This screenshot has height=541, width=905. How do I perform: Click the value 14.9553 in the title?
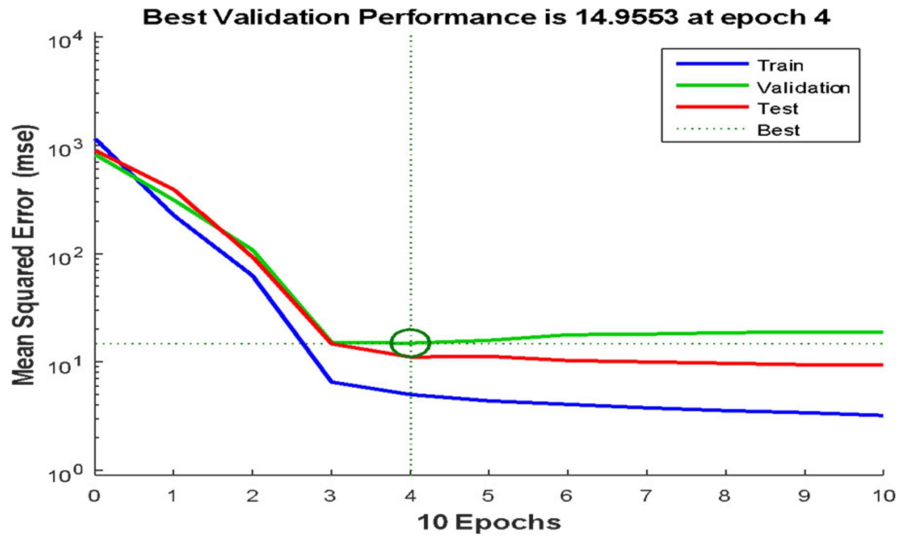pos(627,17)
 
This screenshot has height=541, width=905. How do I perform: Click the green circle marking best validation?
pos(410,343)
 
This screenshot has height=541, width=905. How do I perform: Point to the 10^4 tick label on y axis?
pos(65,40)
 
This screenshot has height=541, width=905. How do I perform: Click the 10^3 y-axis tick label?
pos(65,148)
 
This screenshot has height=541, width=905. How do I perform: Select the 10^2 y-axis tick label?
pos(65,257)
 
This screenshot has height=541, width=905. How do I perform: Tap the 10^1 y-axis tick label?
pos(65,365)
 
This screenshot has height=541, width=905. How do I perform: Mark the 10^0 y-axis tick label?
pos(65,473)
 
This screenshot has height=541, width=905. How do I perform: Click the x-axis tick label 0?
pos(94,496)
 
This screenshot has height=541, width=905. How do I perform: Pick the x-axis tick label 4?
pos(410,496)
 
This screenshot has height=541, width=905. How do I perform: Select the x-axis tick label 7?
pos(646,496)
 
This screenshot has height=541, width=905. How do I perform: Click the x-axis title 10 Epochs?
pos(489,523)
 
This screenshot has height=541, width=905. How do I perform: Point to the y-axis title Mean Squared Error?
pos(24,255)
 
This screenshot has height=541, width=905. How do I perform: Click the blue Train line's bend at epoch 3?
pos(332,382)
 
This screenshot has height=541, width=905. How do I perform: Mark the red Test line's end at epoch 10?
pos(882,365)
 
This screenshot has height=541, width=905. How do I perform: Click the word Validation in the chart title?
pos(281,17)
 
